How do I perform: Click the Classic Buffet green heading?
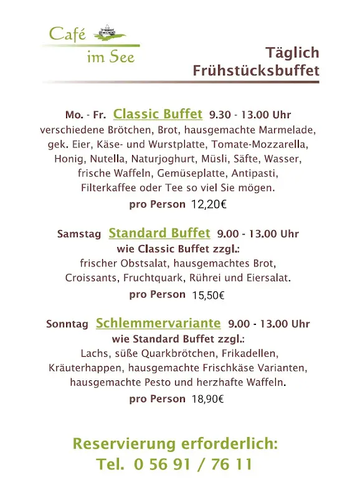(x=158, y=114)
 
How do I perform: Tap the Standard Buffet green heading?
(x=159, y=233)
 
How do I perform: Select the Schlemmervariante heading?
(x=158, y=323)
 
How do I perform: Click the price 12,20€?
(x=209, y=204)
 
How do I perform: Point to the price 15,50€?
(x=208, y=295)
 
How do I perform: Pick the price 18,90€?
(x=208, y=399)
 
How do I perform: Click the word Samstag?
(x=79, y=234)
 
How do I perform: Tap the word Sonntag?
(x=67, y=324)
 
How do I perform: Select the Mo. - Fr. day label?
(x=86, y=115)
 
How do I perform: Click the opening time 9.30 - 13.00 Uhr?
(x=250, y=115)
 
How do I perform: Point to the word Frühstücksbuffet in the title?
(x=256, y=70)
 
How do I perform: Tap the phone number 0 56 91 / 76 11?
(x=193, y=464)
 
